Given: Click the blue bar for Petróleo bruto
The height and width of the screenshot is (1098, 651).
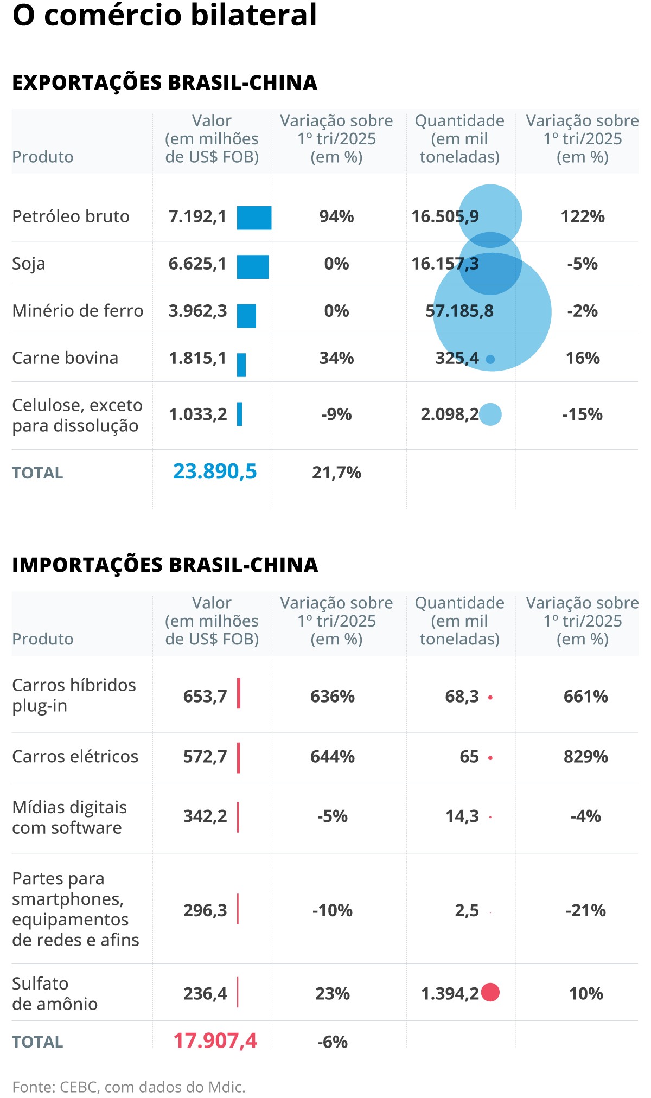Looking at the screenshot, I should point(254,218).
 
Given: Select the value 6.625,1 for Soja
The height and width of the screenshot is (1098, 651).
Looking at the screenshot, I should point(197,264).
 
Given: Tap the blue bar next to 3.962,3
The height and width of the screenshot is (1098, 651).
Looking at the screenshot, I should point(246,316).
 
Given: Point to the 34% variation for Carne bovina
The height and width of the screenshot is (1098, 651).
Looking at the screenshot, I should point(336,359).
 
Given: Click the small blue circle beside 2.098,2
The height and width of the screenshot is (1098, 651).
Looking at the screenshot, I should point(490,414).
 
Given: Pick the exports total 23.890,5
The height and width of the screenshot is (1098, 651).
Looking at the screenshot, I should point(215,472).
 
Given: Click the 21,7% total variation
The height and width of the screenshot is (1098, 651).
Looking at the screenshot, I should point(336,473).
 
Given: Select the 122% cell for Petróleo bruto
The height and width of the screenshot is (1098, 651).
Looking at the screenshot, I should point(582,217).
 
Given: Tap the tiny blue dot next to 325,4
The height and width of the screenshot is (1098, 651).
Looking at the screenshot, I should point(490,359).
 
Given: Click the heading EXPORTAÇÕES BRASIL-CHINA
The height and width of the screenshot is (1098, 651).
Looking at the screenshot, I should point(164,83).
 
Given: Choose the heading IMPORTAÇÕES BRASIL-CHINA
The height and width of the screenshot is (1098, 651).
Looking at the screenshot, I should point(165,565).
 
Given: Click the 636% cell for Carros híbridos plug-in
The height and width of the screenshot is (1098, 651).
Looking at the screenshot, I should point(332,697).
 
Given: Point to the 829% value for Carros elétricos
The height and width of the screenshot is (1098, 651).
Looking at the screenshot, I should point(585,757).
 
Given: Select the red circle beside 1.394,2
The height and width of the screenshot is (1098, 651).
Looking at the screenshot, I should point(490,992).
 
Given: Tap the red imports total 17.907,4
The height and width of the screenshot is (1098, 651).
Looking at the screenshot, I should point(215,1041).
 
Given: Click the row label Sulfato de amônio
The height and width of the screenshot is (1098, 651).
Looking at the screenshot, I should point(54,993).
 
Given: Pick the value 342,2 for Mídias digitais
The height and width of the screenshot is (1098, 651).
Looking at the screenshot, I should point(205,816).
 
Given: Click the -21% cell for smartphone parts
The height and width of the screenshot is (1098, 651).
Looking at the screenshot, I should point(585,910).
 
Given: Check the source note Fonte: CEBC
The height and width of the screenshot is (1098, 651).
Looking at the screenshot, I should point(129,1087).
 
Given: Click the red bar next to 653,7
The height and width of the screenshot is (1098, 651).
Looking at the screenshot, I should point(239,693).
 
